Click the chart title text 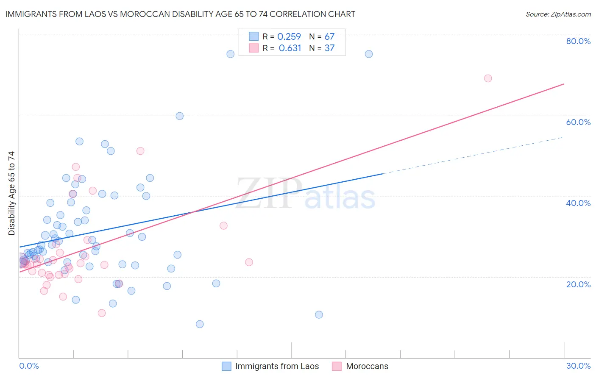point(180,14)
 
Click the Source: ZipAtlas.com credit point(558,14)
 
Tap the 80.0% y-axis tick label point(578,41)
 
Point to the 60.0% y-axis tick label point(578,122)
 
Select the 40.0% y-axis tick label point(578,203)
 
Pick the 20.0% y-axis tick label point(578,284)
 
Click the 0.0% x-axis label point(29,366)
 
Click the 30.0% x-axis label point(578,366)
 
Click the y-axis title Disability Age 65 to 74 point(11,193)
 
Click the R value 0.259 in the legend point(289,37)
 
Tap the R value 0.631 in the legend point(290,48)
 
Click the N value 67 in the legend point(329,37)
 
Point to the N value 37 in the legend point(329,48)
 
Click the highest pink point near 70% point(488,78)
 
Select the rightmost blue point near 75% point(369,54)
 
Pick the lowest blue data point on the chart point(200,324)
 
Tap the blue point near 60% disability point(180,116)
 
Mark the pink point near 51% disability point(140,151)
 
